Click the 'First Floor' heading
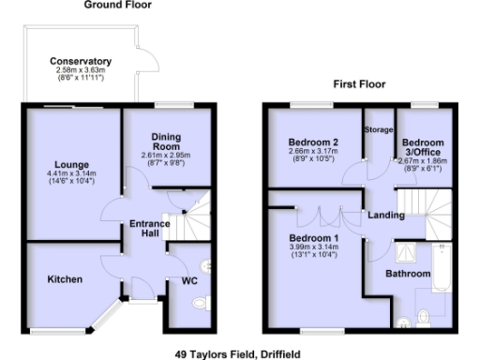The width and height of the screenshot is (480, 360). [359, 84]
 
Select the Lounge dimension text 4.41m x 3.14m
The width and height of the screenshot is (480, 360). [70, 173]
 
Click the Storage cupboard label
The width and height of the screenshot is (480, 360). [379, 128]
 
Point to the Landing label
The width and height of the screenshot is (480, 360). [385, 215]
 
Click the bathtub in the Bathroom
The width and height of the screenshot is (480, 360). [445, 264]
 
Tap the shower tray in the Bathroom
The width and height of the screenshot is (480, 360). [410, 251]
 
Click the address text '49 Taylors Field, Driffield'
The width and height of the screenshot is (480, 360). [238, 353]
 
